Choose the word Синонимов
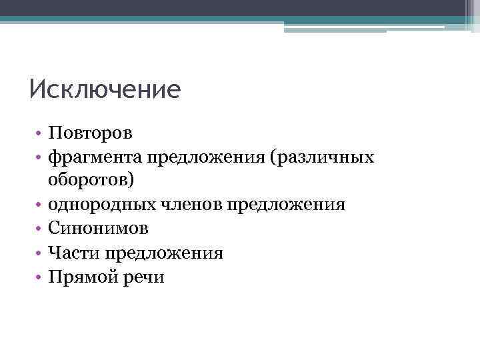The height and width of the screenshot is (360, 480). pyautogui.click(x=98, y=229)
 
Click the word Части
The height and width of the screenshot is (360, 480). pyautogui.click(x=71, y=253)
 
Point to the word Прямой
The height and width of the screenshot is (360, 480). pyautogui.click(x=79, y=277)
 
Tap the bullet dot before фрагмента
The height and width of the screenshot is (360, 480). pyautogui.click(x=40, y=157)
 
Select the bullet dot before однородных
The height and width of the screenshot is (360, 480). pyautogui.click(x=40, y=205)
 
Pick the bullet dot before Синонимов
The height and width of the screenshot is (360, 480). pyautogui.click(x=40, y=229)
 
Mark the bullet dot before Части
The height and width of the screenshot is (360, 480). pyautogui.click(x=40, y=253)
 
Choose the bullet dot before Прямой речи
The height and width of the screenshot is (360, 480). pyautogui.click(x=40, y=277)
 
